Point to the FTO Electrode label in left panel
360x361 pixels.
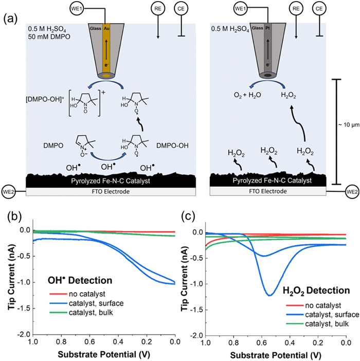coord(105,192)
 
